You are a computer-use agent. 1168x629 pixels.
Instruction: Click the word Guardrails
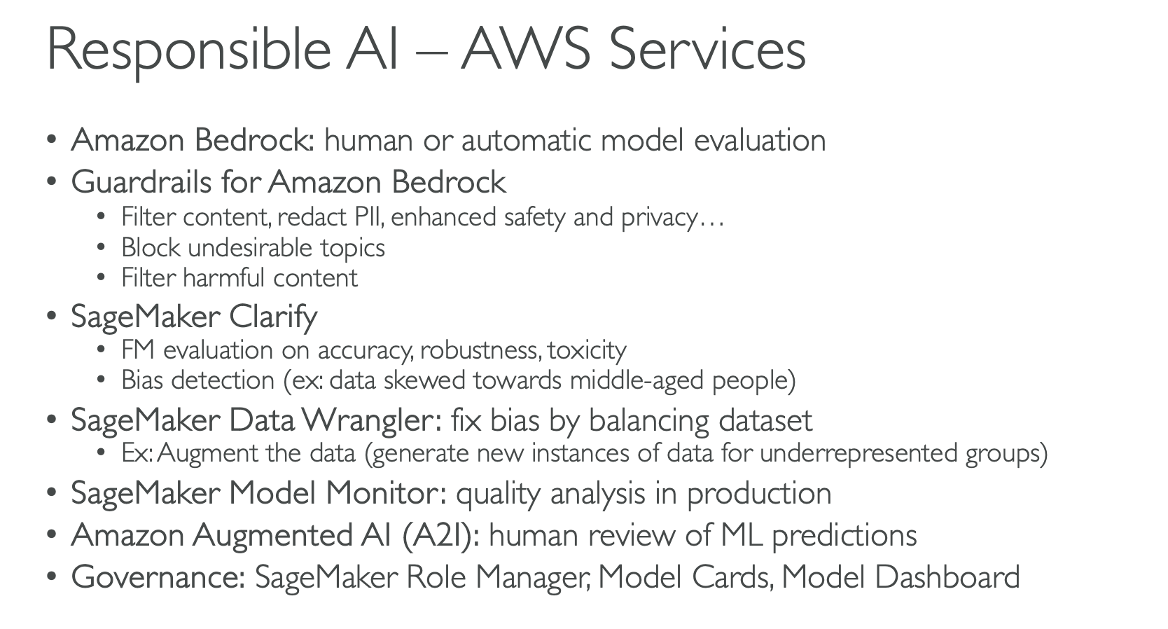tap(141, 182)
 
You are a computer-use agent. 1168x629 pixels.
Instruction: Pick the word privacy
tap(659, 217)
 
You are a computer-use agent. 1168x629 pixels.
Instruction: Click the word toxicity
tap(587, 350)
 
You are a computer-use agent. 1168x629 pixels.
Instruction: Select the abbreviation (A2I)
tap(441, 535)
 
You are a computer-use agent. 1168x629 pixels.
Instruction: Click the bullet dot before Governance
tap(51, 577)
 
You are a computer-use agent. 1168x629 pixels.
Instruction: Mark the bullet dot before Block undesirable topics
tap(102, 248)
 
